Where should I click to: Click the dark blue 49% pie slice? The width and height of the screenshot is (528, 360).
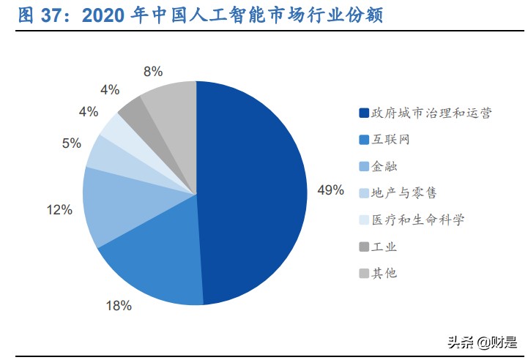(253, 190)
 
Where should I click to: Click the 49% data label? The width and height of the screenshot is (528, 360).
(330, 190)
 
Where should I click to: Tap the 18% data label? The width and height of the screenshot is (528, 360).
(119, 306)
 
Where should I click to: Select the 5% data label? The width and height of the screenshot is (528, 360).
(71, 143)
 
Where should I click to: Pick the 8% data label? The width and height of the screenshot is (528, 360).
(153, 72)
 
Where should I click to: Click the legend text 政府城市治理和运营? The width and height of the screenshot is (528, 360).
(431, 113)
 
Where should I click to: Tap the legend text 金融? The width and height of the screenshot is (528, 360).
(384, 166)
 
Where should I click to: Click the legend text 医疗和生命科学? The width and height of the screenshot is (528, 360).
(418, 220)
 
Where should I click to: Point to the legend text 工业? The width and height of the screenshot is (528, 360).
(384, 247)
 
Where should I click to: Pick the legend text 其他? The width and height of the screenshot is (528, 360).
(384, 273)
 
